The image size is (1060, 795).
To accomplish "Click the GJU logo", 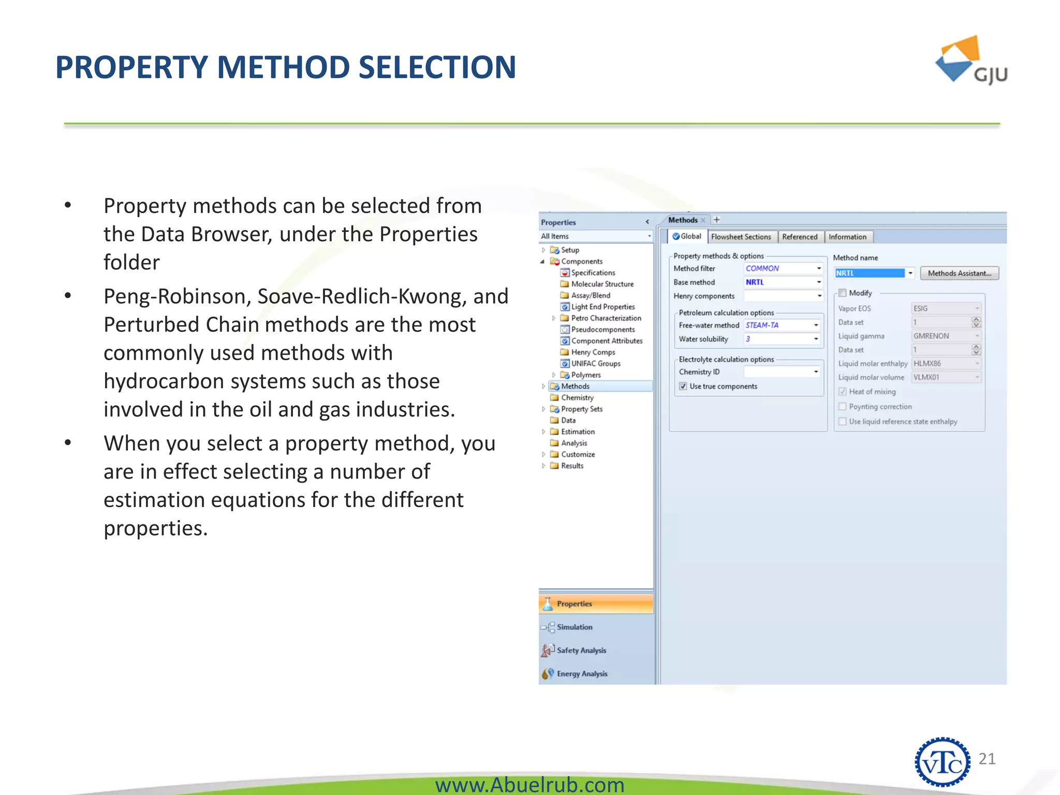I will [970, 61].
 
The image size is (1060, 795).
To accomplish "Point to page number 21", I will [987, 759].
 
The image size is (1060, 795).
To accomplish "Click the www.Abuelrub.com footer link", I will [529, 785].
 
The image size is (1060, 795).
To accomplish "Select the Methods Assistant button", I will [959, 273].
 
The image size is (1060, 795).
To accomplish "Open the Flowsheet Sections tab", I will [741, 237].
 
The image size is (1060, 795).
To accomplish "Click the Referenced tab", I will [800, 237].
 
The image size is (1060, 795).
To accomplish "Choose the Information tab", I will [847, 237].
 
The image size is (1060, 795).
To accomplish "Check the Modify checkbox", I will [843, 293].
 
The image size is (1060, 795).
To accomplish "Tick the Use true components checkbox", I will [683, 386].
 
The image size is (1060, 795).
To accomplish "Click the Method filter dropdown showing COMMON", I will [783, 268].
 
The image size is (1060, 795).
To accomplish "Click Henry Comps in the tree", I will [593, 352].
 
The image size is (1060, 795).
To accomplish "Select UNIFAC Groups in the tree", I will [595, 363].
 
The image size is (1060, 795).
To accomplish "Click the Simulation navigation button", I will [575, 627].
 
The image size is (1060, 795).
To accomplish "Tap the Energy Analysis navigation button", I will [582, 673].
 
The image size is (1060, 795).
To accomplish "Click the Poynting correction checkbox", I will [843, 407].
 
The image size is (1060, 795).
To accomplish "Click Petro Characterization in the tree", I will [606, 318].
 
